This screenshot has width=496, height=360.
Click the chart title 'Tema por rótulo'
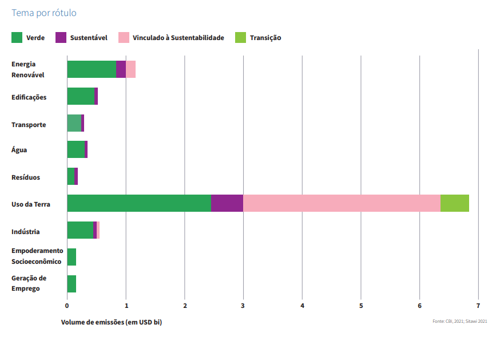pos(44,13)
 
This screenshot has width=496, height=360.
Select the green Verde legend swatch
pos(17,38)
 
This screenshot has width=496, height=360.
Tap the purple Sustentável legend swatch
pos(61,38)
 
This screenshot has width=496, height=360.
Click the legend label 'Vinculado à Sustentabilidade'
pos(178,38)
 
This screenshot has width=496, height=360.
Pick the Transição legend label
pos(265,38)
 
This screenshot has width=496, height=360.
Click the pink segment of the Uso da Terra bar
pos(342,203)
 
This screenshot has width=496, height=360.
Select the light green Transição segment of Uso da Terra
pos(455,203)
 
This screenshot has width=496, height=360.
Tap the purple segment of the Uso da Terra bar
pos(227,203)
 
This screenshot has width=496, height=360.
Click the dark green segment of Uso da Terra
pos(139,203)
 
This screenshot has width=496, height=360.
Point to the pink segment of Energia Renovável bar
pos(130,69)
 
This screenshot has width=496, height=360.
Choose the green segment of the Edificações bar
pos(81,96)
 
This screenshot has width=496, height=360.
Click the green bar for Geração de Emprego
pos(72,284)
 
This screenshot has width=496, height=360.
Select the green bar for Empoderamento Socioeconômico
pos(72,257)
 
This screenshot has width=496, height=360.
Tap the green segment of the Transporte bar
pos(74,123)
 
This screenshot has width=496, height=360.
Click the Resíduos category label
pos(26,177)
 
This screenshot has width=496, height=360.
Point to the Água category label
pos(19,150)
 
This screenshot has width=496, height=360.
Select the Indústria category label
pos(25,232)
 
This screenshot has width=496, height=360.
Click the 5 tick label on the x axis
pos(361,305)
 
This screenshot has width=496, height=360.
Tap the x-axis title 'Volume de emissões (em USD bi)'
pos(112,322)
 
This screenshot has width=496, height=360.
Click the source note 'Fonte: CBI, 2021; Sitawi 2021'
pos(459,322)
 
